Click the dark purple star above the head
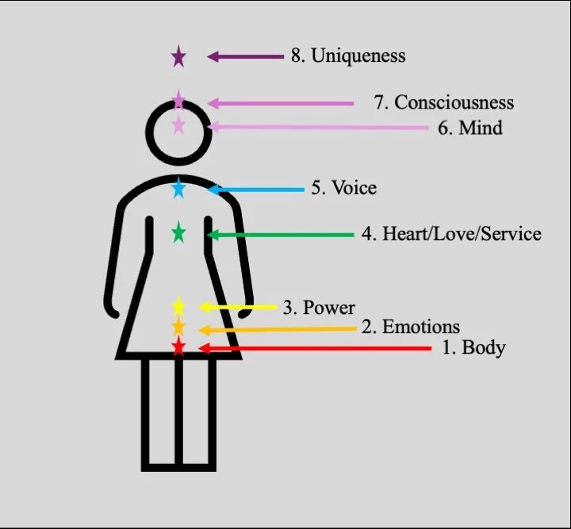178,56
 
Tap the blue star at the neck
178,189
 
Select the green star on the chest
178,232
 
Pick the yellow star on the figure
178,306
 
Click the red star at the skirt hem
178,346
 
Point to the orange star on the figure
178,327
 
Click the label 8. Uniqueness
348,56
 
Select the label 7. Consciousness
443,102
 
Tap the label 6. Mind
470,127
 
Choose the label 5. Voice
343,188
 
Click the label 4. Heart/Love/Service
451,234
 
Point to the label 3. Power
319,308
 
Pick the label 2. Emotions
411,327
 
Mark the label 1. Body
473,347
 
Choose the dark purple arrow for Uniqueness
245,56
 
